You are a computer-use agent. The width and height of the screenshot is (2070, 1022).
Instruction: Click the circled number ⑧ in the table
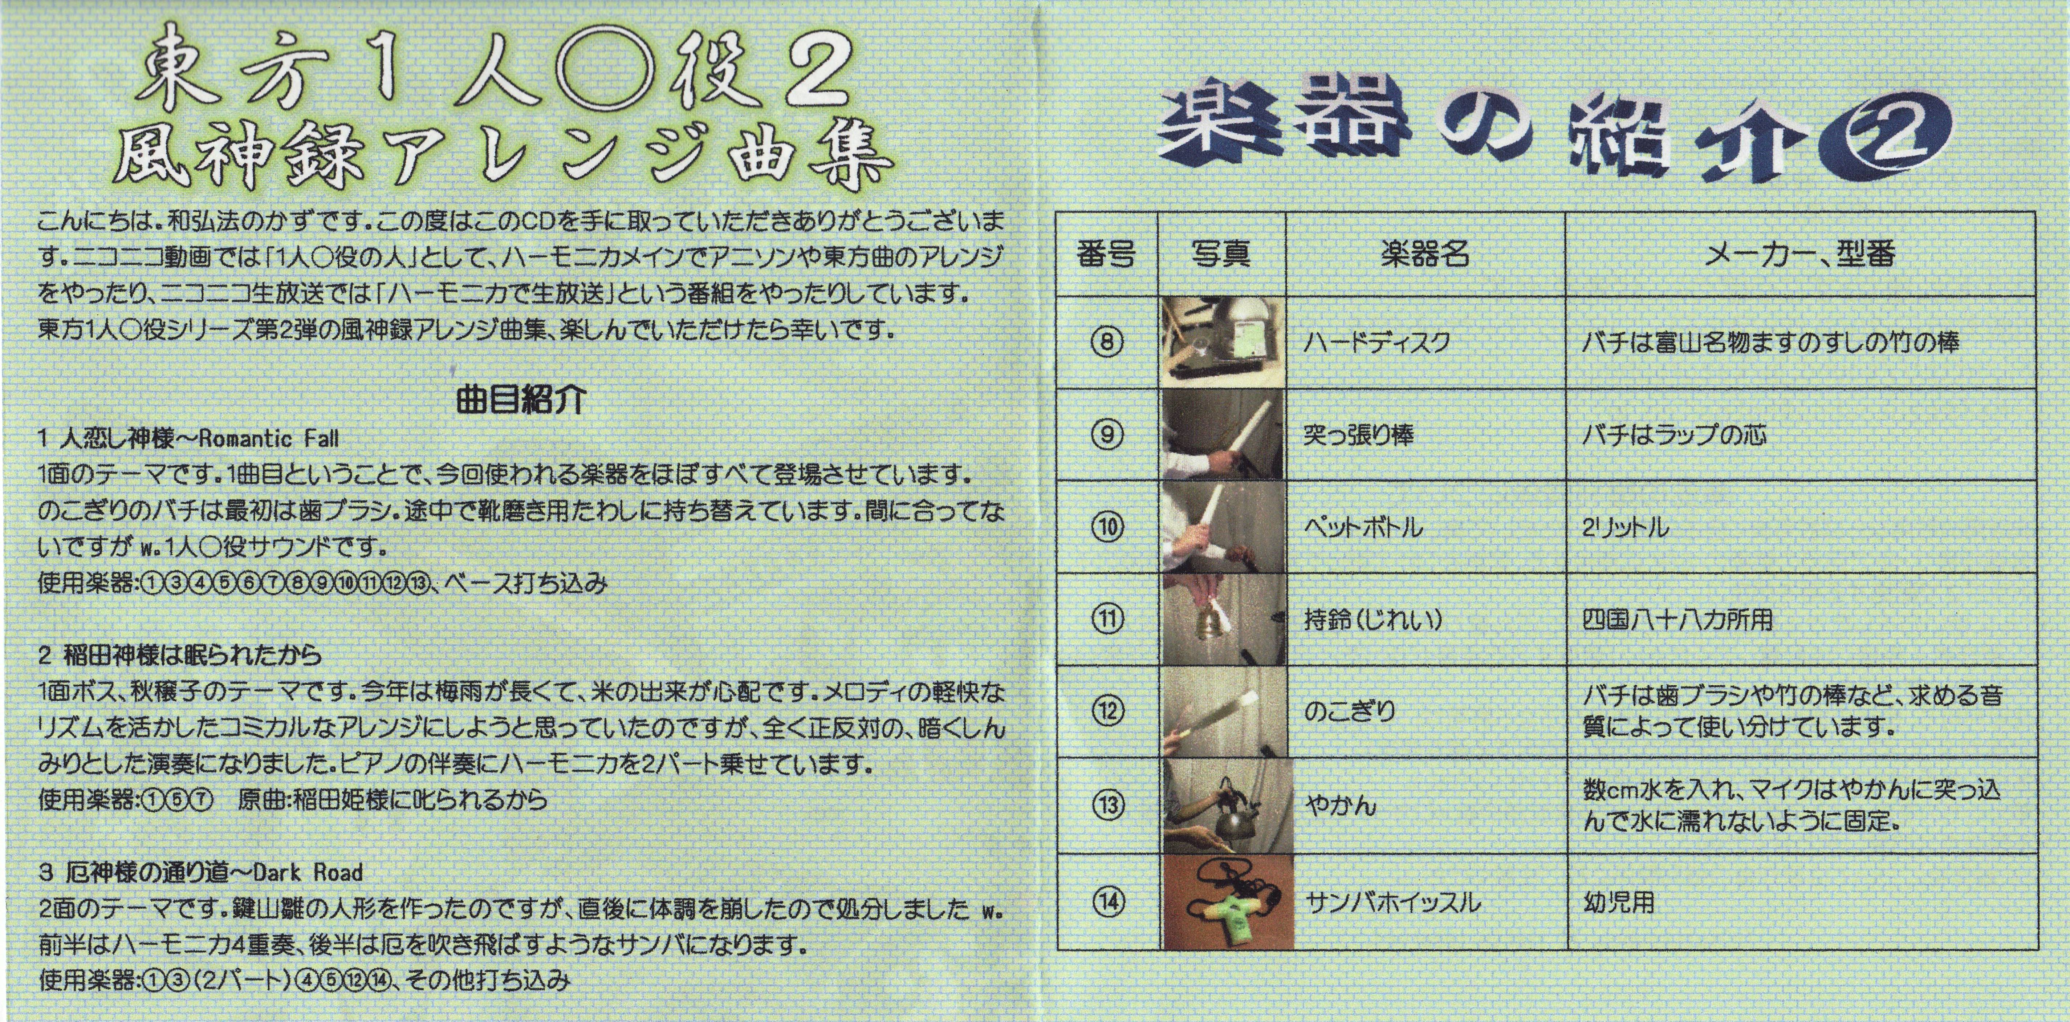[1106, 343]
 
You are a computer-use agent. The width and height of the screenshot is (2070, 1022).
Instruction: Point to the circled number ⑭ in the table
[1108, 901]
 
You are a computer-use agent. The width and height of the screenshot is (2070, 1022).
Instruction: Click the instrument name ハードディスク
[1376, 343]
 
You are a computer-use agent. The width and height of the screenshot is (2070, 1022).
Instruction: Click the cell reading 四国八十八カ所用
[1677, 620]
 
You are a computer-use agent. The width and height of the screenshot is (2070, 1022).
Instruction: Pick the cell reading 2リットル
[1625, 527]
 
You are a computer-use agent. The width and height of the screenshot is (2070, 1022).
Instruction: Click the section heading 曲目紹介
[521, 399]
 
